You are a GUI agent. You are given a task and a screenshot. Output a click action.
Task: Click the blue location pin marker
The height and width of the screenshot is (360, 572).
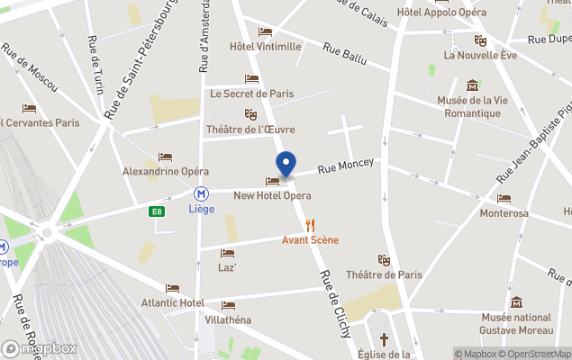286,165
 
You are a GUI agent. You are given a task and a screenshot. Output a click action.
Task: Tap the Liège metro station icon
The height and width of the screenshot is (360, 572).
203,193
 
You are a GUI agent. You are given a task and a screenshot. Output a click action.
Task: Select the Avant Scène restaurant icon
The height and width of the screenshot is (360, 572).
311,225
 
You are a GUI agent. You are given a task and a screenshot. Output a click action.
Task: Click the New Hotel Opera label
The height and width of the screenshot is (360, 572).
272,195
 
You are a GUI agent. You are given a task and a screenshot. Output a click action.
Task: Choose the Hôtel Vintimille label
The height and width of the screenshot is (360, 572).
265,47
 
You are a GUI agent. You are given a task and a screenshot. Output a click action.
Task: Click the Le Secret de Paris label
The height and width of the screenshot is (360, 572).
252,94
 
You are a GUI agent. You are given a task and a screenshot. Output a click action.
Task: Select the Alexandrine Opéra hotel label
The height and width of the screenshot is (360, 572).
166,171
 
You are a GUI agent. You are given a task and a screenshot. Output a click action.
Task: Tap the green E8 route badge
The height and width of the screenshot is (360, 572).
157,212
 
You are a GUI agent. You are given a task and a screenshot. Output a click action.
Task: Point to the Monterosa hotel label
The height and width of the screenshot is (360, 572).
504,213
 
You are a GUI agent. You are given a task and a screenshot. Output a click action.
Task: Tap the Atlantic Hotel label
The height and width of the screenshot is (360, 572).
172,302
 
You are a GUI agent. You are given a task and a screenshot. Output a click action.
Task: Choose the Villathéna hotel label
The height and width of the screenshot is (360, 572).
227,319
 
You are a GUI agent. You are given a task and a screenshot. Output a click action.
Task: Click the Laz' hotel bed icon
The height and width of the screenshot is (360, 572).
227,253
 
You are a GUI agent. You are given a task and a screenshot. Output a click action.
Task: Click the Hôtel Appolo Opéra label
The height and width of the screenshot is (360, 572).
441,13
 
